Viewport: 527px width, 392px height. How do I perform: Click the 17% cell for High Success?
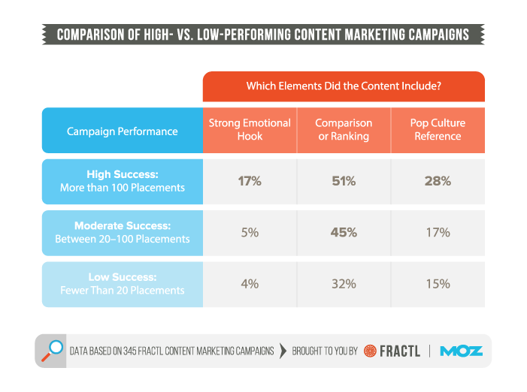pos(249,181)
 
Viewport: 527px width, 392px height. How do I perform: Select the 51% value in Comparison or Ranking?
pos(344,181)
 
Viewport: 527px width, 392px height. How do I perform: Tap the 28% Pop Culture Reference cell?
pos(438,181)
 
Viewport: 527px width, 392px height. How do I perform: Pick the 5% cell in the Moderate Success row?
pos(249,233)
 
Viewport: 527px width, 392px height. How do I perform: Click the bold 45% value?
pos(344,233)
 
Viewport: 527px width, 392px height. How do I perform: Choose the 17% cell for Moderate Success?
pos(438,233)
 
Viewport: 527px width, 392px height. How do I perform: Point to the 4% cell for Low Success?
pos(249,284)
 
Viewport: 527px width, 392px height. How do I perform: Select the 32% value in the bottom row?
pos(344,284)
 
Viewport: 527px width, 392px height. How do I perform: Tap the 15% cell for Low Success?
pos(438,284)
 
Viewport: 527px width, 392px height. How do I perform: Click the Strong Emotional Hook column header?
pos(249,130)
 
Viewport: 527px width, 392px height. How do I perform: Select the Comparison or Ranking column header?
pos(344,130)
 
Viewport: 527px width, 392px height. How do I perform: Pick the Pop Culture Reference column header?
pos(438,130)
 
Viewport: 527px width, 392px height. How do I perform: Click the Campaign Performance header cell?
pos(122,131)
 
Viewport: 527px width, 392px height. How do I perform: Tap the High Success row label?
pos(122,181)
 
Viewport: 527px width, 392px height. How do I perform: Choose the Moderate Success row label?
pos(122,233)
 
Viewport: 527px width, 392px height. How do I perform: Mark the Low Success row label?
pos(122,284)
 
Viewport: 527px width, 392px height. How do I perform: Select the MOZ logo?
pos(461,351)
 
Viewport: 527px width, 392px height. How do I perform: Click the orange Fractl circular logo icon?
pos(370,351)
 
